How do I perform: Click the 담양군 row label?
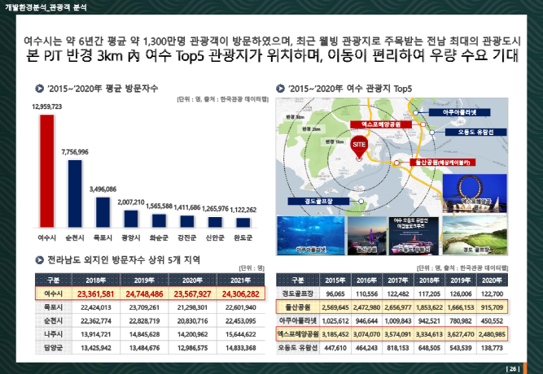coord(54,348)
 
